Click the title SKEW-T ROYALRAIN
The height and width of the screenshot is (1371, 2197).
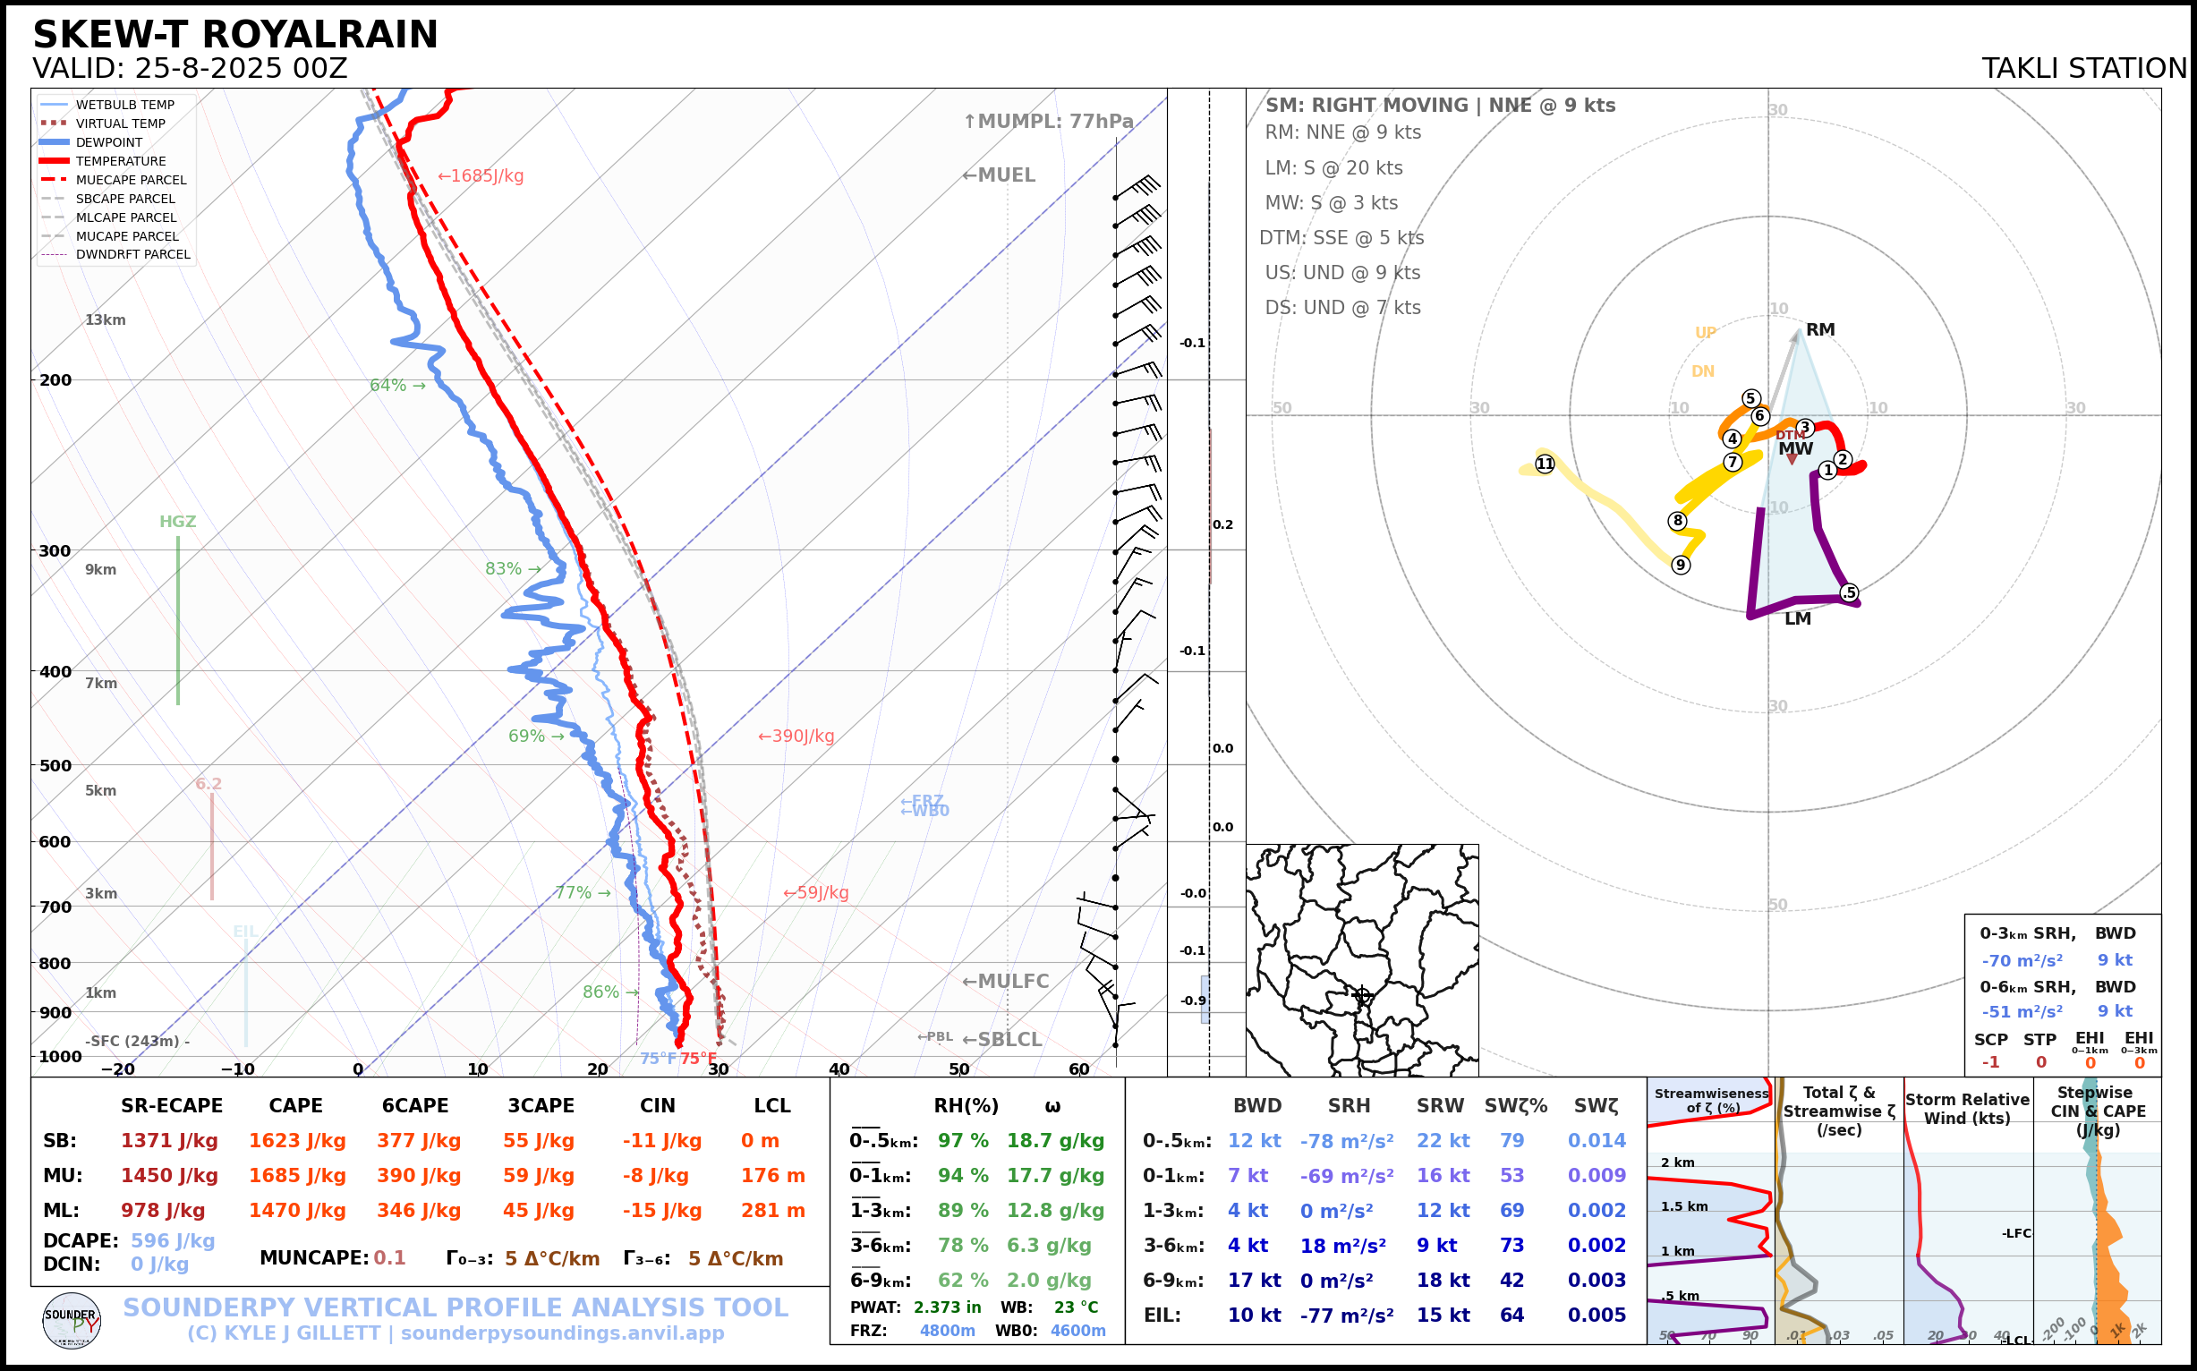234,35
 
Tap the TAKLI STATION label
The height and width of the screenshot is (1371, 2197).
2083,68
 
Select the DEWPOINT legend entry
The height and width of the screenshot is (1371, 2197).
109,142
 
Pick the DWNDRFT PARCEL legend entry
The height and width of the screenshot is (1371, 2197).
132,255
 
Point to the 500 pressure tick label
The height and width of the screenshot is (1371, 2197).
55,765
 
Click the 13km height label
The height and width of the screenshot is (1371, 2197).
106,320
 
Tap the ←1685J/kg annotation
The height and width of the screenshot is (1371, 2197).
481,176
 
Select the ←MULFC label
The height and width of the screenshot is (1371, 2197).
1005,981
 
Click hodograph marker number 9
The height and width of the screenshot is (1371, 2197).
1680,565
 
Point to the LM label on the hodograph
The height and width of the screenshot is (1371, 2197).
1797,619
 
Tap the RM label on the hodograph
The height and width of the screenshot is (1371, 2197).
1820,330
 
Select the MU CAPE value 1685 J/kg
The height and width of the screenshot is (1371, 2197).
297,1176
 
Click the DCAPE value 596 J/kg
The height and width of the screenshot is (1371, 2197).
173,1240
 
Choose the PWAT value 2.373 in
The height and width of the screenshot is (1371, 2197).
947,1307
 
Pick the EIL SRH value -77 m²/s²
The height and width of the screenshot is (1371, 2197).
1347,1315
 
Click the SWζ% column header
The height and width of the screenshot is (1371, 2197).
1515,1106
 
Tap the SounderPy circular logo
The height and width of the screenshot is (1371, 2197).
72,1320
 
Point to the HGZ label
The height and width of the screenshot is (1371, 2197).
178,522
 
